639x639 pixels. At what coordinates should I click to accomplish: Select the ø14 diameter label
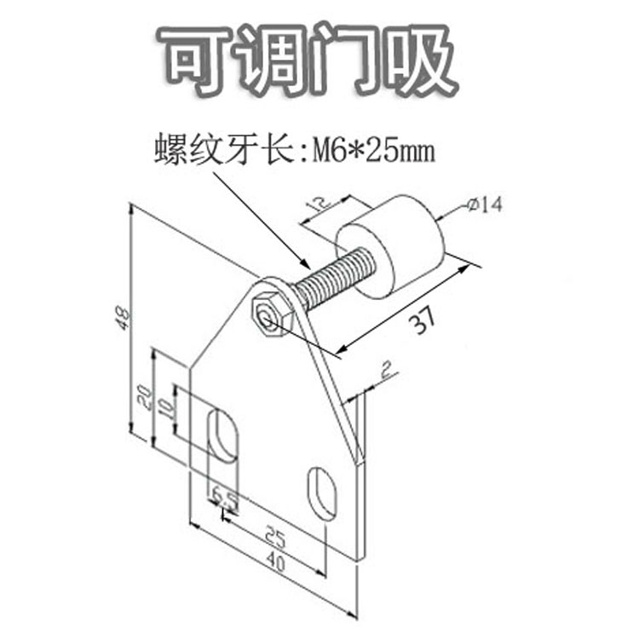(x=486, y=205)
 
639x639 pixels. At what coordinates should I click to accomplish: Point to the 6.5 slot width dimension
(x=225, y=495)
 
